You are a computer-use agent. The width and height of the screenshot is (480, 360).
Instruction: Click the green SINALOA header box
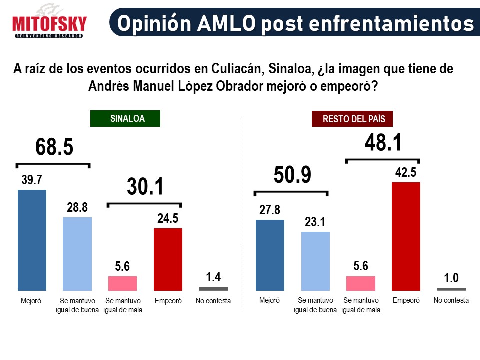[x=125, y=119]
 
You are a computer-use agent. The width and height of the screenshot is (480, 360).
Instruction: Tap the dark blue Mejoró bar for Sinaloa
[x=32, y=240]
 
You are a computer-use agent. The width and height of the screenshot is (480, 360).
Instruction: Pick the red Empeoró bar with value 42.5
[x=406, y=236]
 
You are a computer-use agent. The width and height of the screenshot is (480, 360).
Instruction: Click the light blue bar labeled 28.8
[x=77, y=254]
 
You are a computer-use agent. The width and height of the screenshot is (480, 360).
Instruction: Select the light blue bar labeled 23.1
[x=315, y=261]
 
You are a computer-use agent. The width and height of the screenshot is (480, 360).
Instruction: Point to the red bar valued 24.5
[x=168, y=259]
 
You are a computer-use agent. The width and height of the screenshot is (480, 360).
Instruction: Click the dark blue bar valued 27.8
[x=270, y=255]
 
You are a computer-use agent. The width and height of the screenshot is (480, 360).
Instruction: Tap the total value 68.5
[x=54, y=148]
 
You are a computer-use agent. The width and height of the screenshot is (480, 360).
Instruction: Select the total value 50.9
[x=292, y=175]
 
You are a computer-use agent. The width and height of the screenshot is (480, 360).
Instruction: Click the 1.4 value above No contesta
[x=213, y=277]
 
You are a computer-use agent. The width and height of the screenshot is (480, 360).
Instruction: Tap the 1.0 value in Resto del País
[x=451, y=277]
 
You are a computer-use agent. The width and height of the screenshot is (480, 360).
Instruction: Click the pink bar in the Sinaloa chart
[x=123, y=283]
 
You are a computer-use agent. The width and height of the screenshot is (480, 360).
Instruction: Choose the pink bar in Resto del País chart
[x=361, y=283]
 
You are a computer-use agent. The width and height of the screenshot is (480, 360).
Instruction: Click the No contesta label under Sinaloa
[x=213, y=301]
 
